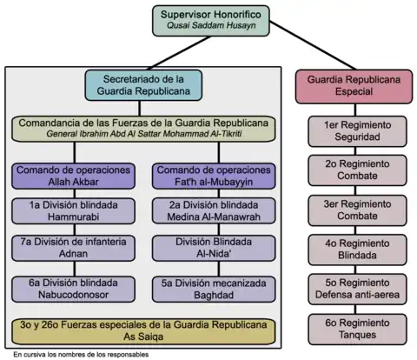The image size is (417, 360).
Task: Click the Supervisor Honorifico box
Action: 211,21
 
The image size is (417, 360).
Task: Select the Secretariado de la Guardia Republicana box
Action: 143,85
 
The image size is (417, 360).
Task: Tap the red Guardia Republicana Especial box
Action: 354,86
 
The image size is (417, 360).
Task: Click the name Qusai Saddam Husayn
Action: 211,25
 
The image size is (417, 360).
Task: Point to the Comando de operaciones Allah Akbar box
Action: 73,176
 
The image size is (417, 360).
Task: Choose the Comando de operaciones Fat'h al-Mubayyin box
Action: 214,176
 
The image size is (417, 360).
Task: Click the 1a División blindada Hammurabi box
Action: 73,211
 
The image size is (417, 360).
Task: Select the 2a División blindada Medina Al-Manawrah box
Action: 214,211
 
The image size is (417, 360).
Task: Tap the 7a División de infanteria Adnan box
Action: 73,248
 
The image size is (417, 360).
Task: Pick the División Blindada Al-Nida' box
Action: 214,248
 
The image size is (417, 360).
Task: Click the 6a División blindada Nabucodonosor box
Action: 73,289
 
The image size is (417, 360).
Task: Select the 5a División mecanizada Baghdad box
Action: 214,289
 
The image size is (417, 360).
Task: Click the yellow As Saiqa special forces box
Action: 143,331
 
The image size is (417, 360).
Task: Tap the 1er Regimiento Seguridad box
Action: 357,131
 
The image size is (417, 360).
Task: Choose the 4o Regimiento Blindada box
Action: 357,250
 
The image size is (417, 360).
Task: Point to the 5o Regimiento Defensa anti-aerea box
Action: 357,289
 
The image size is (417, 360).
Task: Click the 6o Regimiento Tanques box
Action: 357,330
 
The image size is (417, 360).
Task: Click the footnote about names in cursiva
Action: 81,355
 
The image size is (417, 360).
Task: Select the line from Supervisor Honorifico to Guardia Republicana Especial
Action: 313,45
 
